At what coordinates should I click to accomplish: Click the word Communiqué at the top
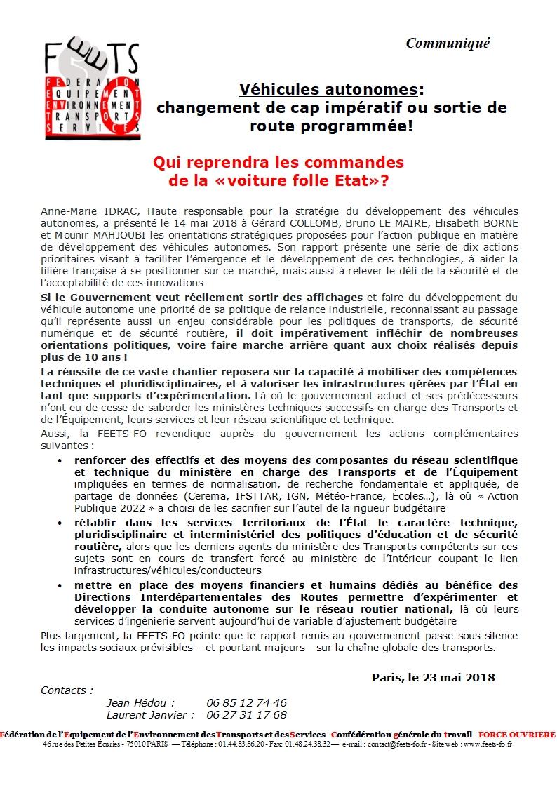point(448,43)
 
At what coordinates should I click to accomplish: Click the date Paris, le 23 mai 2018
point(434,677)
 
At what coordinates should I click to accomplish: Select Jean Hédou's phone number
point(246,702)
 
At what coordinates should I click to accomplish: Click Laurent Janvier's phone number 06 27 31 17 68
point(246,714)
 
